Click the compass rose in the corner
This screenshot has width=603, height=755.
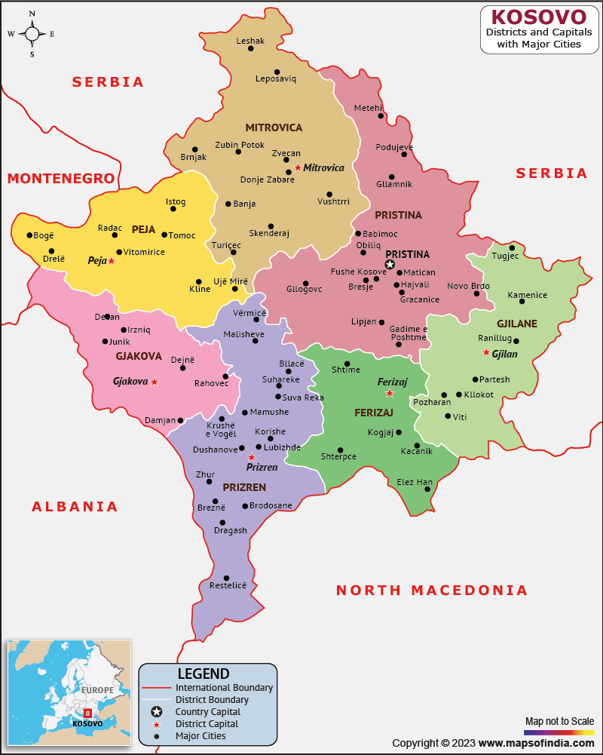tap(32, 33)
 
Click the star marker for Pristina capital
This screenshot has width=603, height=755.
tap(390, 264)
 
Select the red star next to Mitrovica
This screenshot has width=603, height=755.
tap(298, 167)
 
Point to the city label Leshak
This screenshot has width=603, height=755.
tap(250, 41)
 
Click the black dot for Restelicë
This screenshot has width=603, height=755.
tap(226, 579)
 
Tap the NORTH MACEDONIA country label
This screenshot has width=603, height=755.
tap(432, 590)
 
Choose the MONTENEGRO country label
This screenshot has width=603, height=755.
tap(61, 178)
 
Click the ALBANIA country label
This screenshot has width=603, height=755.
tap(75, 506)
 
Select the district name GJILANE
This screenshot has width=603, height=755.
tap(517, 324)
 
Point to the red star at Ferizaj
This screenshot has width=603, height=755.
tap(390, 393)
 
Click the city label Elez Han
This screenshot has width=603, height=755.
tap(415, 482)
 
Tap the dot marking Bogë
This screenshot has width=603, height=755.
tap(29, 235)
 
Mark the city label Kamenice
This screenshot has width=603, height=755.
tap(528, 295)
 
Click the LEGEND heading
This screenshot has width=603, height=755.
tap(204, 674)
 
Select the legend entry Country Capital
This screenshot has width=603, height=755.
tap(208, 711)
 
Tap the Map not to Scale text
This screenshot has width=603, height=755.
tap(559, 721)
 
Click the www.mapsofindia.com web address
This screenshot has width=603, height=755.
tap(535, 743)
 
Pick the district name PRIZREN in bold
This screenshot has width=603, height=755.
tap(244, 487)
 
